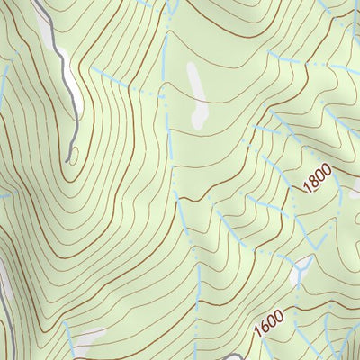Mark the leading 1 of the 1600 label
[258, 330]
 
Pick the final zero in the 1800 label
[327, 166]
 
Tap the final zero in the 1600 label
[280, 316]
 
